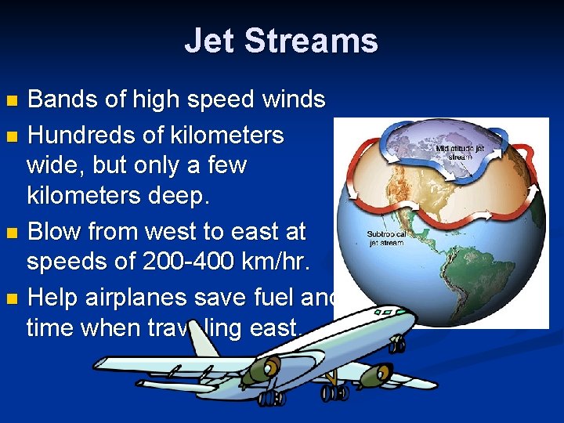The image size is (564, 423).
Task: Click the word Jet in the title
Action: click(x=209, y=41)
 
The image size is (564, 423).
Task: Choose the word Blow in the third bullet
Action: click(x=57, y=232)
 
